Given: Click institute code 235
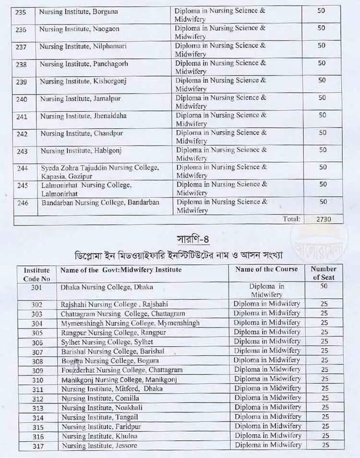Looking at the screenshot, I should point(21,12).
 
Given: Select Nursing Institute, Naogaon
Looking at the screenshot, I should point(80,29).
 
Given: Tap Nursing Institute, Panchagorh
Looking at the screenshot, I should point(84,64).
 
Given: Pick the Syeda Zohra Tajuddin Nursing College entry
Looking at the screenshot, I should point(99,172).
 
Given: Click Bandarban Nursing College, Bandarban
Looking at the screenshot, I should point(99,203).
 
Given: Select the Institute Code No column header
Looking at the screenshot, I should point(36,274).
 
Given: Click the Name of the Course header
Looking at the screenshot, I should point(266,269).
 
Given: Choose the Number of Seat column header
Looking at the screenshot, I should point(324,273).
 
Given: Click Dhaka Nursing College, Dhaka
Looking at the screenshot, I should point(107,287).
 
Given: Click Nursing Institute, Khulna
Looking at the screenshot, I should point(99,436).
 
